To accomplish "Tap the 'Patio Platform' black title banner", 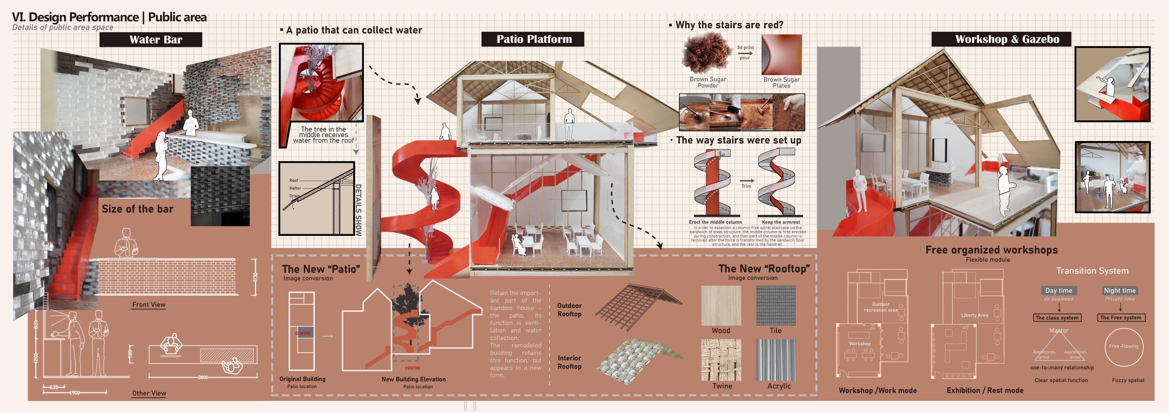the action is (x=533, y=39).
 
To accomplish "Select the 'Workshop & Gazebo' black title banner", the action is (x=1001, y=39).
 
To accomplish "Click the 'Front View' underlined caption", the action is (x=149, y=305).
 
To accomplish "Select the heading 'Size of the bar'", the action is (x=137, y=209).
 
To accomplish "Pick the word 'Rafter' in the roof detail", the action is (x=295, y=188).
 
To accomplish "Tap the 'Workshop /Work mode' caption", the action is (x=877, y=390).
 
